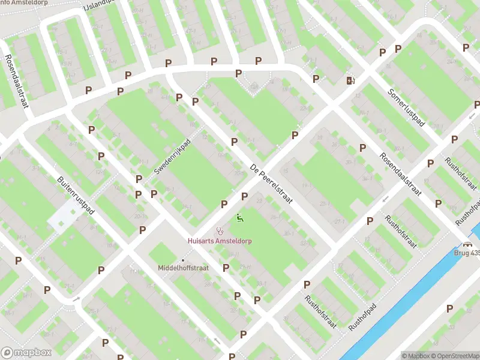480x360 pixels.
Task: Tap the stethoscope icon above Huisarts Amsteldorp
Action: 220,230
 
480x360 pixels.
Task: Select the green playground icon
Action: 241,218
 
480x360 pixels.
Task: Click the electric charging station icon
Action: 350,81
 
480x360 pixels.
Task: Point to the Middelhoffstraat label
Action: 183,268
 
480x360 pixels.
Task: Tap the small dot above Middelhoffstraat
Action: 183,260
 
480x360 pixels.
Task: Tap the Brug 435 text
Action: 469,253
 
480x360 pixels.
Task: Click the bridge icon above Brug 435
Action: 467,244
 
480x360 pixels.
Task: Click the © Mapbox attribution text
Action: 416,356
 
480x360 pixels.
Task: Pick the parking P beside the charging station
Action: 316,79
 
